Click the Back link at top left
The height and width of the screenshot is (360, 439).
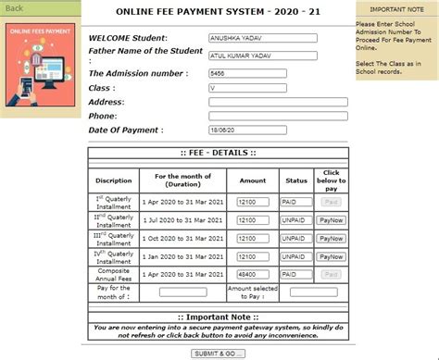[x=15, y=8]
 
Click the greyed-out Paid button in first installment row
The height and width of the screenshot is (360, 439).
[x=331, y=201]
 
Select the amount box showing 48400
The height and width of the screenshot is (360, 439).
[x=252, y=275]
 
